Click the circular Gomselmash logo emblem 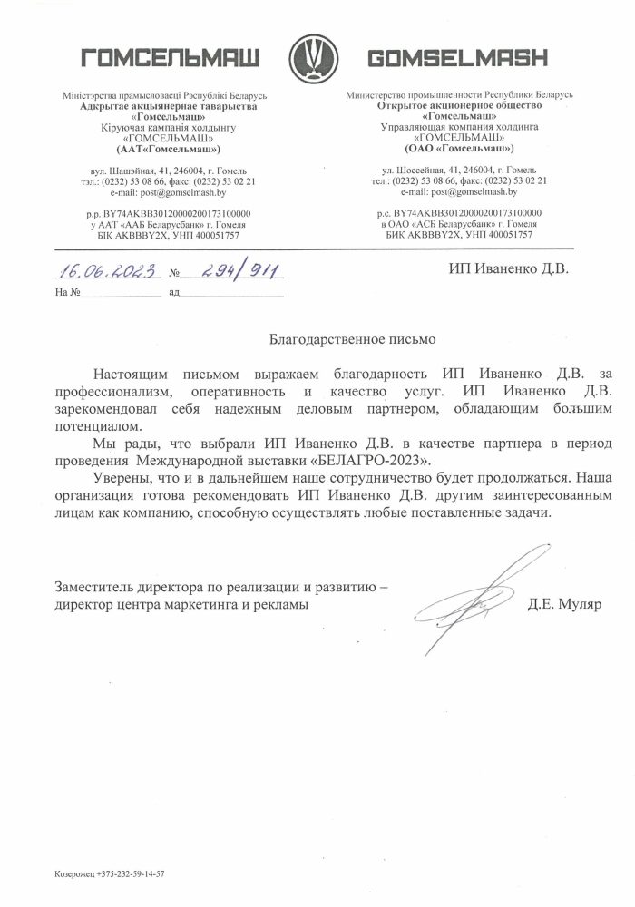tap(317, 59)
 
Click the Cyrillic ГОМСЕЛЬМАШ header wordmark tap(171, 59)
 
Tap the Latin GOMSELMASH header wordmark tap(458, 59)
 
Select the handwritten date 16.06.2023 tap(105, 271)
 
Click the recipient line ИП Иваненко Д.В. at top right tap(509, 269)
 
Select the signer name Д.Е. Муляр tap(564, 603)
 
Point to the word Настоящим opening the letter tap(132, 375)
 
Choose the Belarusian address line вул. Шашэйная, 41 tap(170, 171)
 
